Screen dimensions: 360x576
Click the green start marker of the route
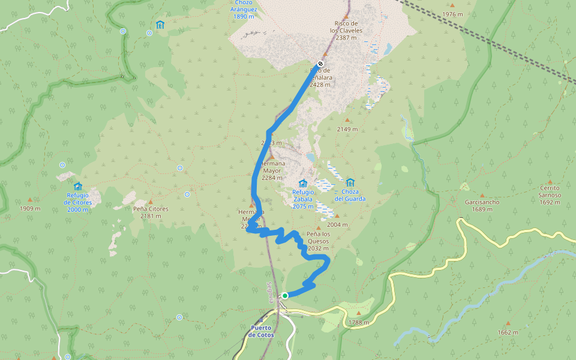(285, 295)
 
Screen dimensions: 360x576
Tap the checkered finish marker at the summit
(321, 64)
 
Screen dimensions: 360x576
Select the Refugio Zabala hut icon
(303, 183)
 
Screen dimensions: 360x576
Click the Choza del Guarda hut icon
(350, 182)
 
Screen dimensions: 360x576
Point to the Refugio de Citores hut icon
(77, 186)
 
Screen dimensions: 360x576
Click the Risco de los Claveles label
(347, 30)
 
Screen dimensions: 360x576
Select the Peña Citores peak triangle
(151, 202)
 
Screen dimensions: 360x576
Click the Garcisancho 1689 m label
(482, 206)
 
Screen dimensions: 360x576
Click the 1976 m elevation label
(452, 14)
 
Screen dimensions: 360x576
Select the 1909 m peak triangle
(29, 200)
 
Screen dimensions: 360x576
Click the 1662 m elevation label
(508, 332)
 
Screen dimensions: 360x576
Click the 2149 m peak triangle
(347, 120)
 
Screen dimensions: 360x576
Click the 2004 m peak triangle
(337, 216)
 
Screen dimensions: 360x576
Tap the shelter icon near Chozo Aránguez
(160, 25)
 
